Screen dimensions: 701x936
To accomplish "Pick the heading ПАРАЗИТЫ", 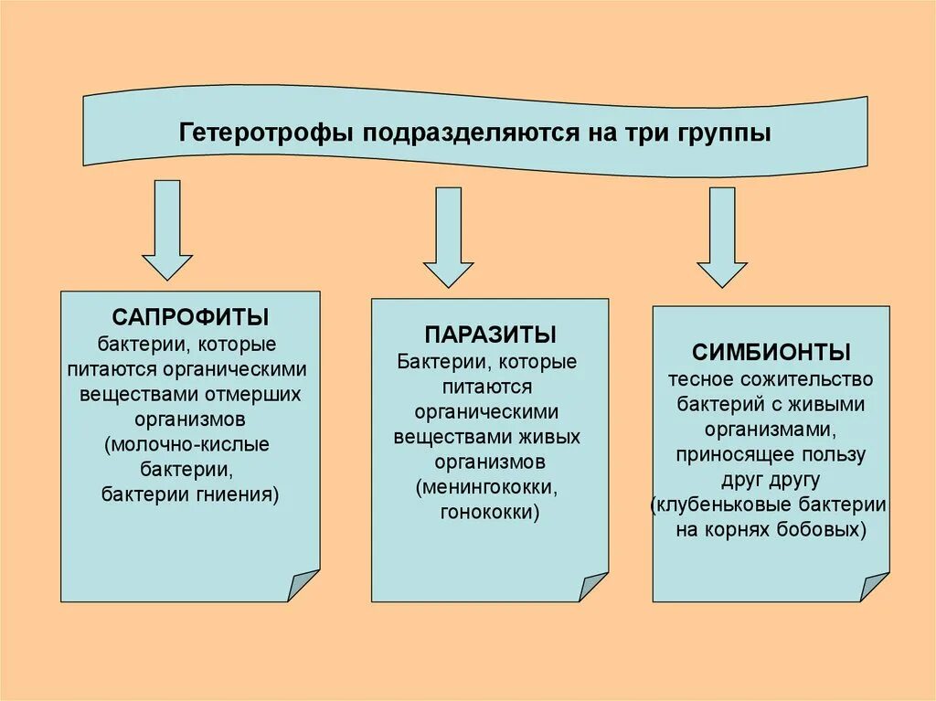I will (490, 335).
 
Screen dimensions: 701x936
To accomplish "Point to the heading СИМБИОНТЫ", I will (771, 352).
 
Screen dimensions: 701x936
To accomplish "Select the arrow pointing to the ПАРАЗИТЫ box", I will (448, 237).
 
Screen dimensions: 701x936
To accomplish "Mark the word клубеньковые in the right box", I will (722, 505).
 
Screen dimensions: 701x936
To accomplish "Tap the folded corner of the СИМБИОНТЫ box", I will (874, 586).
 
